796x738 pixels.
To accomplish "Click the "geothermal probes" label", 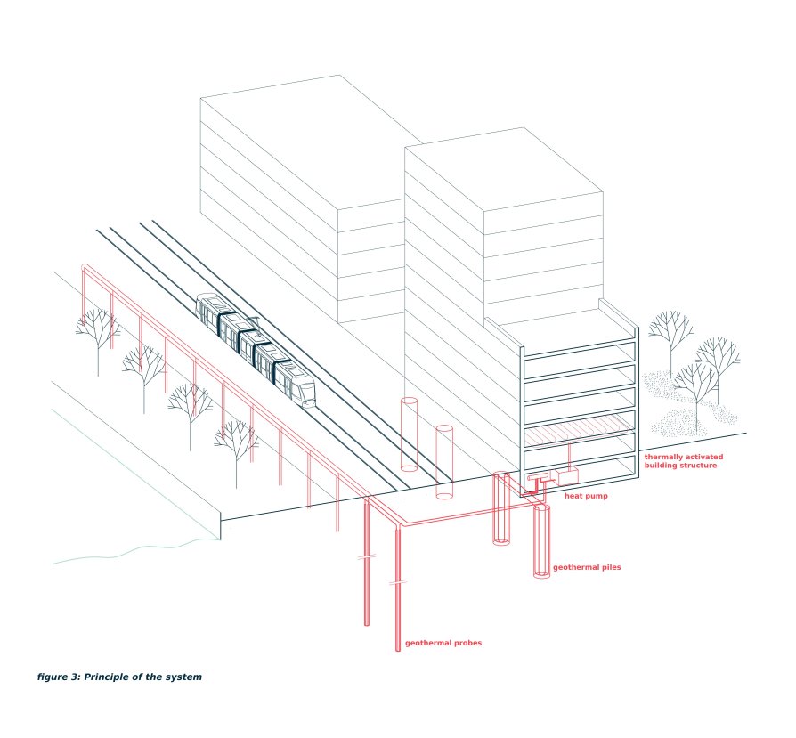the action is click(443, 643).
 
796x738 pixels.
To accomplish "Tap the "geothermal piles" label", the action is click(587, 567).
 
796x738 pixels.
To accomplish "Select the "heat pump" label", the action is click(586, 496).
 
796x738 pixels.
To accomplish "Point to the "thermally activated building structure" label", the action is click(683, 461).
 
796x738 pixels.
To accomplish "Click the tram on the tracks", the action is click(256, 350).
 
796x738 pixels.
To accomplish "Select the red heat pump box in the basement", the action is click(567, 476).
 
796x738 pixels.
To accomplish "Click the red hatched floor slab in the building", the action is click(579, 430).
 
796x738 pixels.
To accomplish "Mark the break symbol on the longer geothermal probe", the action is click(398, 583).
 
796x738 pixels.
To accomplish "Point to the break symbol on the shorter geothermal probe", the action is click(367, 556).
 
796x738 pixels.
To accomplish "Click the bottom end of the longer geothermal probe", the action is click(398, 650).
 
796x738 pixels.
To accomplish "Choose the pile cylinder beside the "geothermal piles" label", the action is click(541, 541).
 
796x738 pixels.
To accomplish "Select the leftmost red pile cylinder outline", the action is click(410, 434).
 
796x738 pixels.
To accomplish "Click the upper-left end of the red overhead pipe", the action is click(84, 267).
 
